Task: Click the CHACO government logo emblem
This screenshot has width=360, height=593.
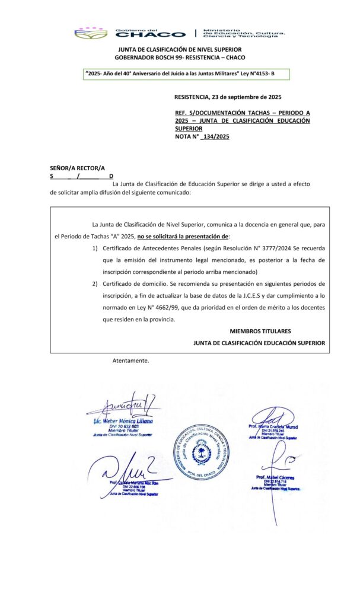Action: tap(91, 33)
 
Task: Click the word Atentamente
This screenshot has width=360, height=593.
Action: tap(130, 361)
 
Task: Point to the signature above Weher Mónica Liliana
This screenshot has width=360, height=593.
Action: tap(121, 407)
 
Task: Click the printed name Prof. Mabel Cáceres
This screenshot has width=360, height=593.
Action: tap(275, 477)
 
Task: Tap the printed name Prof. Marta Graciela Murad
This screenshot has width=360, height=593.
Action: tap(273, 426)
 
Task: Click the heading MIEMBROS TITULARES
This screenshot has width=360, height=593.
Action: tap(260, 331)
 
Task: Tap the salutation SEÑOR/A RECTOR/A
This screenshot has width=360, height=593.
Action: tap(77, 168)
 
